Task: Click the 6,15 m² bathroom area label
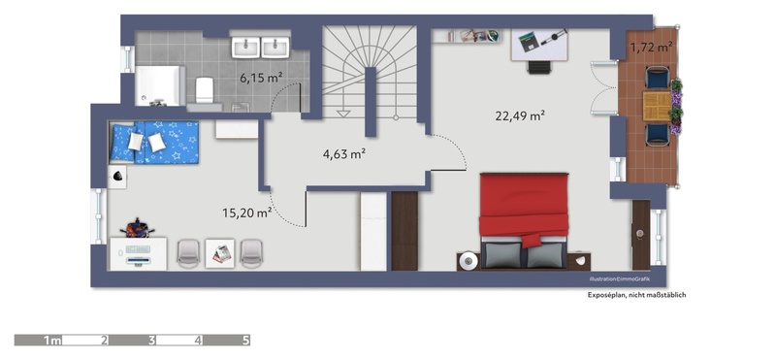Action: pyautogui.click(x=261, y=78)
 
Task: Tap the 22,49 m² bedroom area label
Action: pyautogui.click(x=520, y=115)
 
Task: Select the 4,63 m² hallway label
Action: pyautogui.click(x=344, y=154)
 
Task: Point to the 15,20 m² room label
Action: pyautogui.click(x=246, y=213)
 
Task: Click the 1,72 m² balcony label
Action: pyautogui.click(x=651, y=48)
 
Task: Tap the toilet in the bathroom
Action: pyautogui.click(x=204, y=89)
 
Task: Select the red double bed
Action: pyautogui.click(x=523, y=220)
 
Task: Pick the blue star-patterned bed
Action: pyautogui.click(x=154, y=142)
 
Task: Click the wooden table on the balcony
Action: pyautogui.click(x=658, y=106)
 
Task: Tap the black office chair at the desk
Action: pyautogui.click(x=538, y=67)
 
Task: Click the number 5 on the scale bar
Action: pyautogui.click(x=245, y=341)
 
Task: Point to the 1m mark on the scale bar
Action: pyautogui.click(x=52, y=341)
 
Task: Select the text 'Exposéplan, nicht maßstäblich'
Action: pyautogui.click(x=636, y=295)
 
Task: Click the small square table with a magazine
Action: pyautogui.click(x=220, y=254)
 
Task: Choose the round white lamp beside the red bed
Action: pyautogui.click(x=469, y=261)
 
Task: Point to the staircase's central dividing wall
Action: pyautogui.click(x=371, y=102)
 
